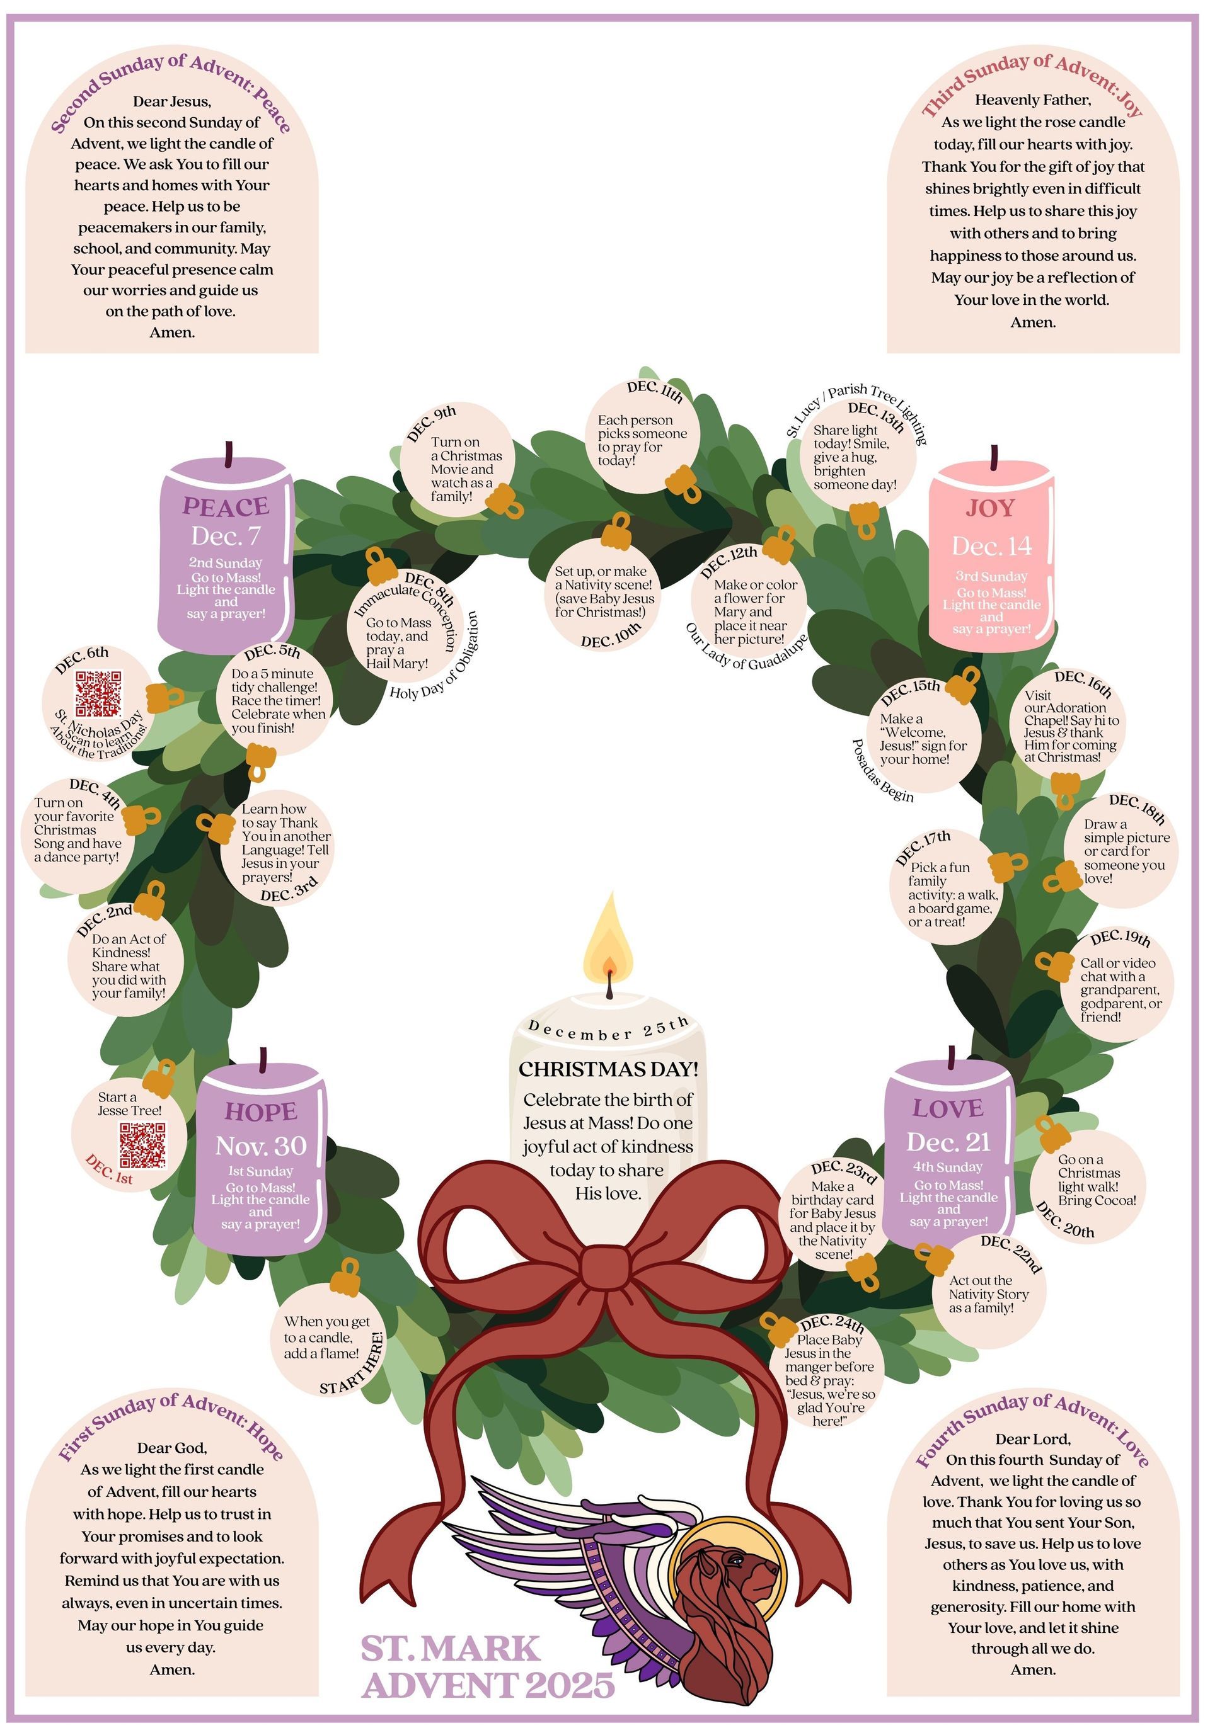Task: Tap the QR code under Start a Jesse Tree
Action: (142, 1145)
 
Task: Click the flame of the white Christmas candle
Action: (608, 937)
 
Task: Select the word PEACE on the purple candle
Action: (225, 506)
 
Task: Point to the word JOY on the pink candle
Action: (991, 508)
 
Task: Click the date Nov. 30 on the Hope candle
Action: (260, 1145)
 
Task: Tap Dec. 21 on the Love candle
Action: (948, 1142)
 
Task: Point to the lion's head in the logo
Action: (723, 1576)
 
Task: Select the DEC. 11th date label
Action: (654, 390)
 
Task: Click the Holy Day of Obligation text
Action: (434, 656)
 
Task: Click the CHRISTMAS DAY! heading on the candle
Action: (608, 1069)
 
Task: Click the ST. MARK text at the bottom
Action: (450, 1649)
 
